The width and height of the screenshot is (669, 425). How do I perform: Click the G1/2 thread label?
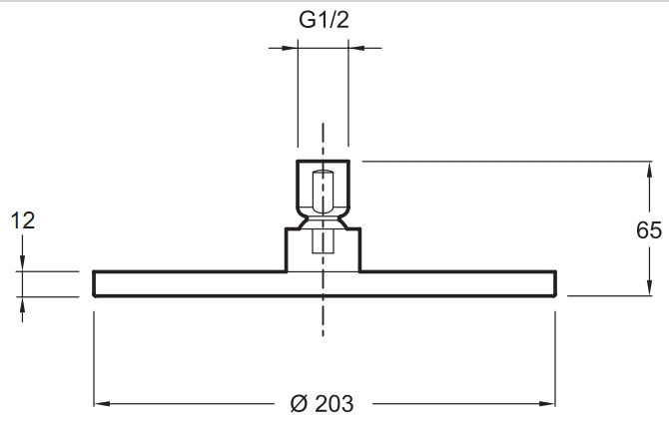[x=324, y=20]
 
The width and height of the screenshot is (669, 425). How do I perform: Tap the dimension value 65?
[x=648, y=230]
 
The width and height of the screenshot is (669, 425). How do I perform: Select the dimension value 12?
[x=23, y=220]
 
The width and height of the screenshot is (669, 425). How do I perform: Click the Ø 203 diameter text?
[x=323, y=404]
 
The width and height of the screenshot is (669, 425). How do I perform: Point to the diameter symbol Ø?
[x=299, y=404]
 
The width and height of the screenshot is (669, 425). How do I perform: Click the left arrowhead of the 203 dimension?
[x=103, y=403]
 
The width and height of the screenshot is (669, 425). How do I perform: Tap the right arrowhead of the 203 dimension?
[x=547, y=403]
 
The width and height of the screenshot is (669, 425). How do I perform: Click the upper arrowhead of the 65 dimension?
[x=649, y=170]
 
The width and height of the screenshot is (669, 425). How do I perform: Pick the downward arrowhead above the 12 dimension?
[x=23, y=262]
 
